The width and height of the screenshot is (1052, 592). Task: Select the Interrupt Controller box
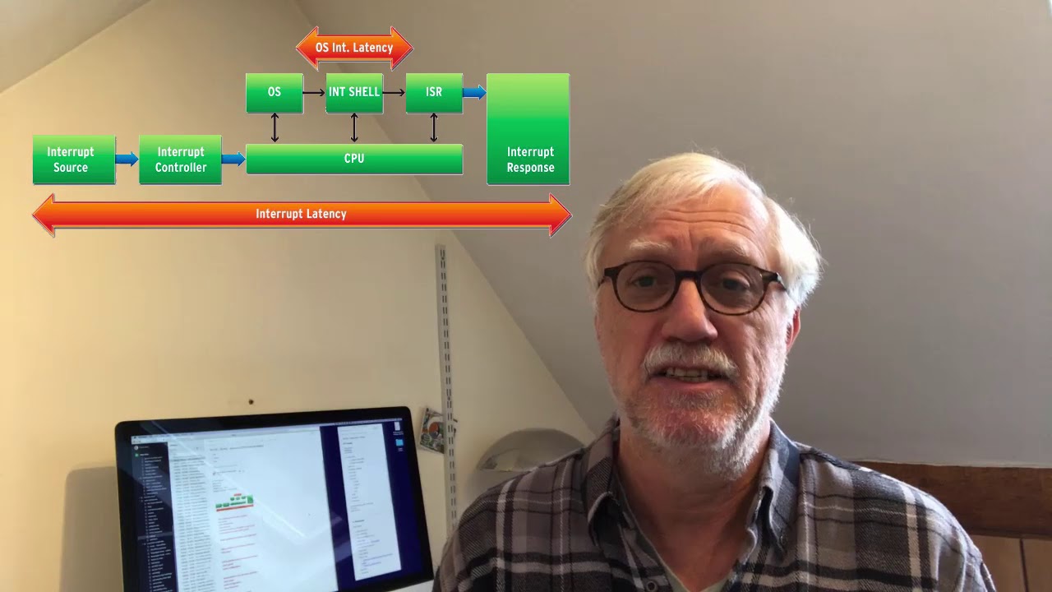[x=180, y=160]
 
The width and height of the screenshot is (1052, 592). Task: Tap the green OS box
[x=274, y=93]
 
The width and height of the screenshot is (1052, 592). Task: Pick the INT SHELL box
[x=354, y=93]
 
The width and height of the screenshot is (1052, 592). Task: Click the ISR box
[x=434, y=93]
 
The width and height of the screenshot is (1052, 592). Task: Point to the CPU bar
[x=354, y=159]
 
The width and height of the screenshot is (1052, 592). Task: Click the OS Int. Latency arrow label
[x=354, y=48]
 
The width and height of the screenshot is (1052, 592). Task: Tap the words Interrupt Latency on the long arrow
[x=301, y=214]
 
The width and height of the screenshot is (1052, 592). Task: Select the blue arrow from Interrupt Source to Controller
[x=127, y=159]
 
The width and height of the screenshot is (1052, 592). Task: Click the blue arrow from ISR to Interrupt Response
[x=474, y=93]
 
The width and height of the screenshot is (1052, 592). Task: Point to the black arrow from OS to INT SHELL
[x=314, y=93]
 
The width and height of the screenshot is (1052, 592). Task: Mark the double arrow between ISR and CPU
[x=434, y=127]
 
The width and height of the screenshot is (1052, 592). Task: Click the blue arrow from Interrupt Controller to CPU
[x=233, y=159]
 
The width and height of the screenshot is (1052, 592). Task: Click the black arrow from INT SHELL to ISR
[x=394, y=93]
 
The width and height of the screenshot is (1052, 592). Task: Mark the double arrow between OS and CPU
[x=275, y=127]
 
